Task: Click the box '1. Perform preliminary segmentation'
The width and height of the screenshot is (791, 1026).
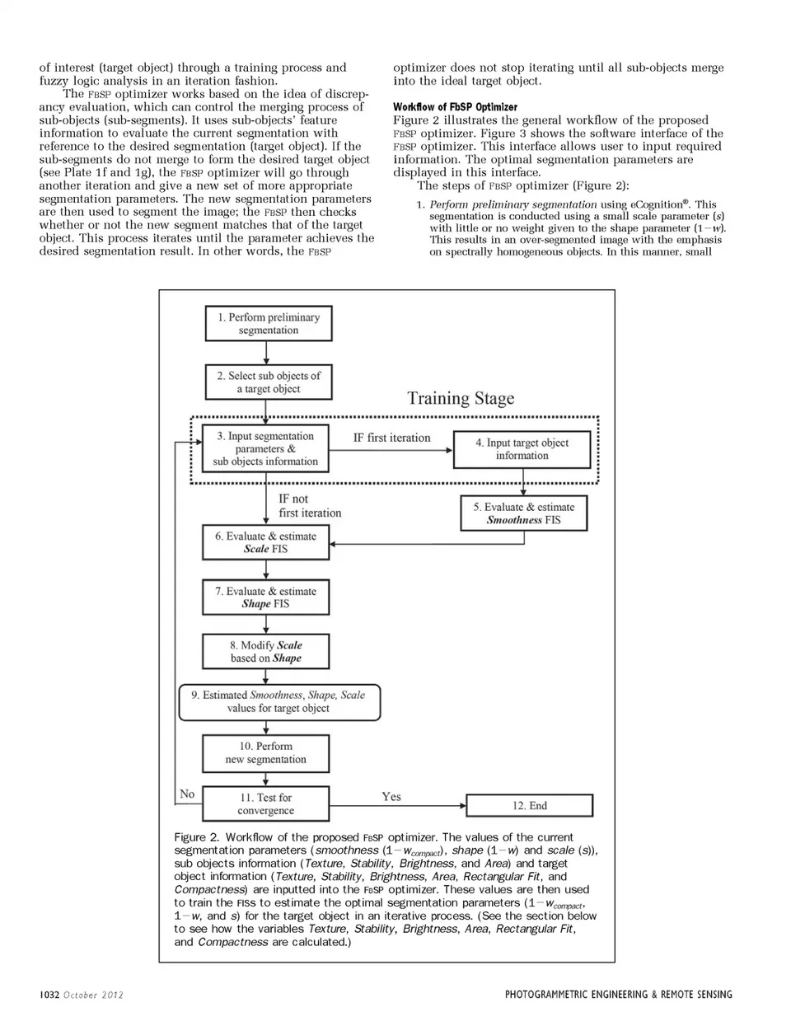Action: (x=268, y=323)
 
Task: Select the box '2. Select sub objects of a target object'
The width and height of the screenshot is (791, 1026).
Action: (x=268, y=382)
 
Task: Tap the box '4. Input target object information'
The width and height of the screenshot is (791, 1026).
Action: (x=522, y=448)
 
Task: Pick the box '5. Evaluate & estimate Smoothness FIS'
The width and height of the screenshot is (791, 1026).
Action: (x=523, y=513)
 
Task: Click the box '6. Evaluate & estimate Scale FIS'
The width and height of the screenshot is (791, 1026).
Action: (x=265, y=542)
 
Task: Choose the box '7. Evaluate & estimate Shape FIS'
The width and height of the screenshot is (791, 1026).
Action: (x=265, y=597)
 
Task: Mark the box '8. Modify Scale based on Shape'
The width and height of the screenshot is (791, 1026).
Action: (x=265, y=651)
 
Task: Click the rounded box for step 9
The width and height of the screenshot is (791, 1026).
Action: (x=278, y=701)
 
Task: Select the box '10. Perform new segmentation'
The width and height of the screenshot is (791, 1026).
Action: (x=265, y=752)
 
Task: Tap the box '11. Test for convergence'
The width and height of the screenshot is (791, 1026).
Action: (x=265, y=803)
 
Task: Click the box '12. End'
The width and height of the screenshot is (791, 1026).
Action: (x=529, y=805)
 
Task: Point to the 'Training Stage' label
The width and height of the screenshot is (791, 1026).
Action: (x=461, y=399)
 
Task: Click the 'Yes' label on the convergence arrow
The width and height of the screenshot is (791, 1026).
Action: (x=391, y=796)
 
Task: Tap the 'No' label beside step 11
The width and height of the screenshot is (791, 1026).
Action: (x=187, y=794)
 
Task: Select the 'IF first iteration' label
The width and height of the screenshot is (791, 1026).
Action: (x=391, y=438)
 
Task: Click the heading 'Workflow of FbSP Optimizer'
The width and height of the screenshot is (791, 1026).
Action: (x=455, y=107)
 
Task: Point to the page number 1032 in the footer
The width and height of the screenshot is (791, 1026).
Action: (x=49, y=995)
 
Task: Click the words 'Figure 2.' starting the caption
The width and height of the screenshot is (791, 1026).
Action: (x=196, y=837)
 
